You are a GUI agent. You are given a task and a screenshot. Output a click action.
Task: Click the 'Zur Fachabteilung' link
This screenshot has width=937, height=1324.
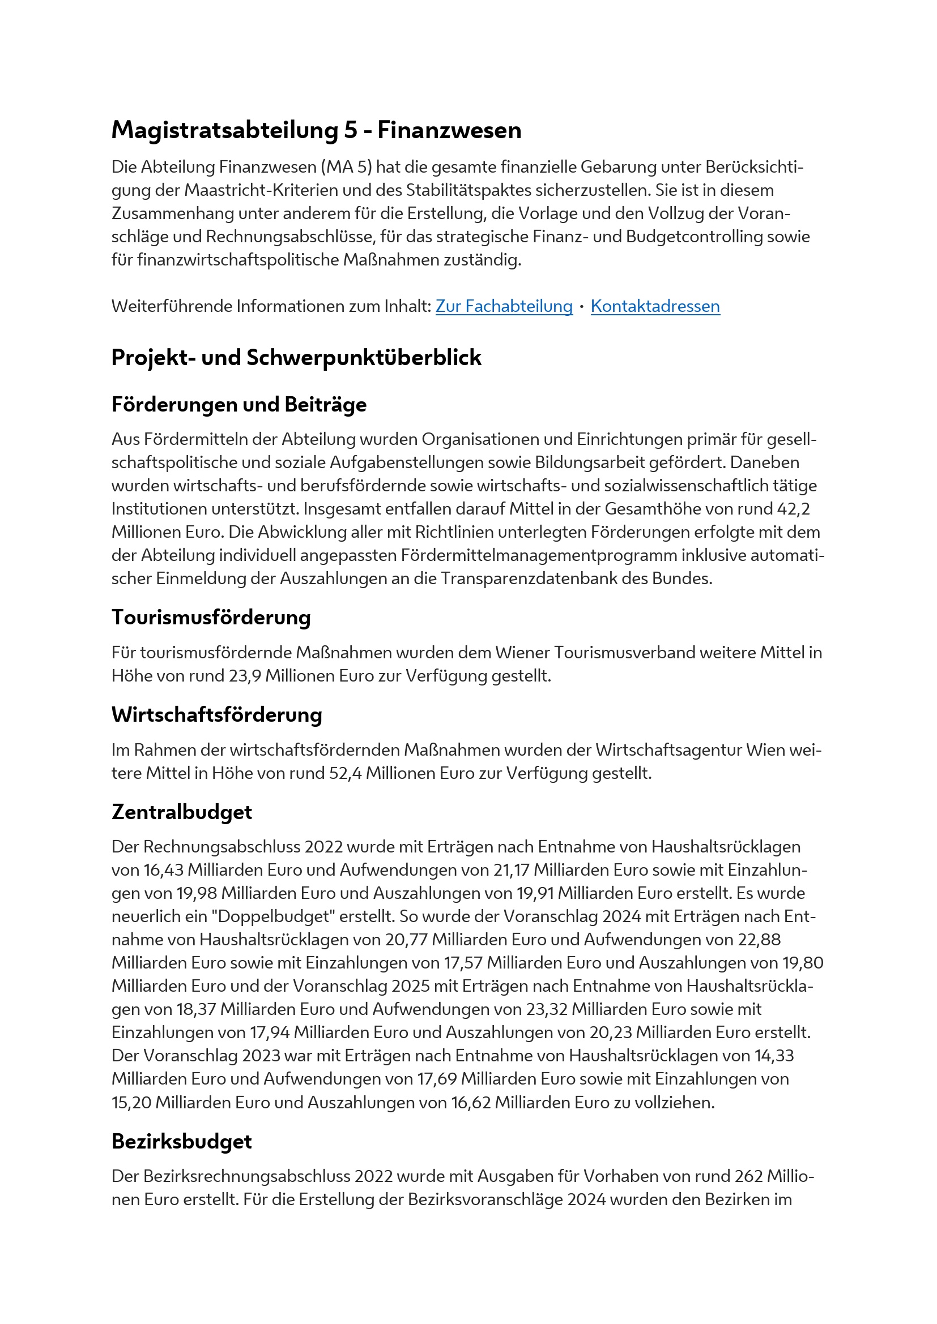point(504,306)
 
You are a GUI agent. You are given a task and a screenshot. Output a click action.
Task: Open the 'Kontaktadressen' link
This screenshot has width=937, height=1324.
point(655,306)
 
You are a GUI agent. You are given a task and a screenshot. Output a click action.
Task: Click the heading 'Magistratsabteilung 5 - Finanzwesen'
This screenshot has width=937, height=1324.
point(316,130)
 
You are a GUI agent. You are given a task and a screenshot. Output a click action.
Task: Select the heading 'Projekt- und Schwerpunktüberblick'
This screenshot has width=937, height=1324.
point(296,358)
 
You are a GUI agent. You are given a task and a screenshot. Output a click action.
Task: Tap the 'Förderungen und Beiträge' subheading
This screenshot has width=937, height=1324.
point(239,405)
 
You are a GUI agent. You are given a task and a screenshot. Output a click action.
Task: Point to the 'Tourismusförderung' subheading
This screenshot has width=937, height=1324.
point(211,618)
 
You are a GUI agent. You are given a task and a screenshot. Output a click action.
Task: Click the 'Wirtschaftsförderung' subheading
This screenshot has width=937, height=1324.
point(217,715)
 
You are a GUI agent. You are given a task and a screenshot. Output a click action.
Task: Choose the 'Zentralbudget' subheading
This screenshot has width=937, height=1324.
point(182,812)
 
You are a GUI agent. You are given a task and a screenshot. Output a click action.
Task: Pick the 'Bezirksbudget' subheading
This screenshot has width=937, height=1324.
point(182,1142)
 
